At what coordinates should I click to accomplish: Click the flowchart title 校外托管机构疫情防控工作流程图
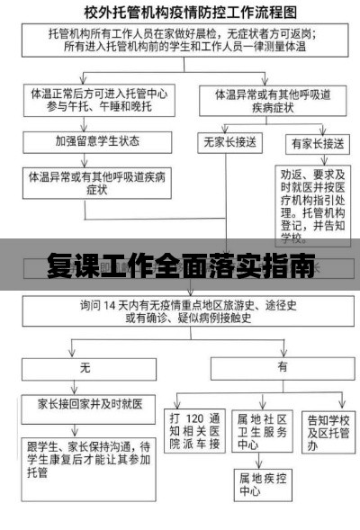click(179, 13)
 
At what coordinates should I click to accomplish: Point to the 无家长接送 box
click(228, 142)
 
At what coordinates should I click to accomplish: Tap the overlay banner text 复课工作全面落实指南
click(180, 267)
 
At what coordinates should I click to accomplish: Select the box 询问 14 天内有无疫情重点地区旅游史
click(181, 311)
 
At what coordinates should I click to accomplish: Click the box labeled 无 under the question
click(86, 368)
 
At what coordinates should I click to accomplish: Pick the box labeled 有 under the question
click(282, 368)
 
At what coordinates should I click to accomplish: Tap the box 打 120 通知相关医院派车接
click(194, 433)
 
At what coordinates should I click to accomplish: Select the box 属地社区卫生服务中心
click(262, 433)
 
